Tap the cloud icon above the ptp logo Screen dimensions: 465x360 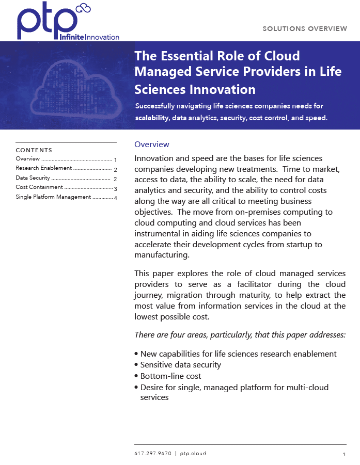click(83, 8)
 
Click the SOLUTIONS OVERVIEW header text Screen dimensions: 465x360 click(305, 28)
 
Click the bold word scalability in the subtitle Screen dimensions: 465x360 click(152, 118)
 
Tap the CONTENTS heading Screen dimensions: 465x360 click(34, 150)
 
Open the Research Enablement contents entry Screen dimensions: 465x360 click(44, 168)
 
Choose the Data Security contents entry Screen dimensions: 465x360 click(33, 178)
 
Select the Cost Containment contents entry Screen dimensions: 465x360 click(39, 187)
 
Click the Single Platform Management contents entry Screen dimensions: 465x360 click(53, 197)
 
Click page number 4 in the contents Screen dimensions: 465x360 click(116, 198)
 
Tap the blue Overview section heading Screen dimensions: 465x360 click(152, 145)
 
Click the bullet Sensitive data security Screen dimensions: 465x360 click(180, 365)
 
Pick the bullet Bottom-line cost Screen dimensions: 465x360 click(170, 376)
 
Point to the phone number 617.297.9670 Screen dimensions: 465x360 click(152, 454)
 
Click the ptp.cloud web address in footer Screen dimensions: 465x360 click(193, 454)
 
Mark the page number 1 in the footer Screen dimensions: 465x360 click(343, 454)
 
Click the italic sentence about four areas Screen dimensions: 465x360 click(240, 335)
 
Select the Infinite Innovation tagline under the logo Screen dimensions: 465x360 click(89, 37)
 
